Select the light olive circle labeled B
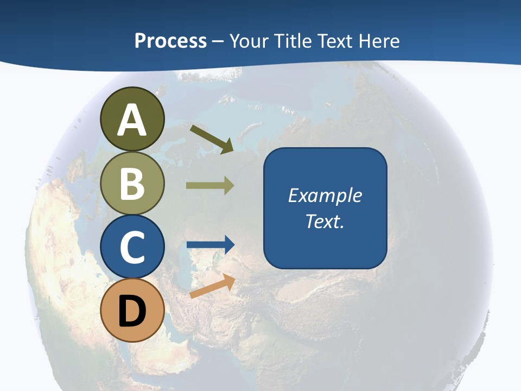tap(132, 184)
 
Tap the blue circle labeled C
tap(132, 247)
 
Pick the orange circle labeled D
tap(132, 311)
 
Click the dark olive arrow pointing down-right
tap(212, 138)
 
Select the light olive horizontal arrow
tap(210, 186)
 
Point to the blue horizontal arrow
tap(211, 244)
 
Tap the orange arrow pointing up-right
tap(212, 286)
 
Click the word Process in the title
tap(170, 41)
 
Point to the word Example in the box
tap(325, 195)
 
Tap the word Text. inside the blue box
tap(325, 222)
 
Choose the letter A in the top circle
tap(132, 121)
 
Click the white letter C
tap(132, 248)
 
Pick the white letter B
tap(132, 184)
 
